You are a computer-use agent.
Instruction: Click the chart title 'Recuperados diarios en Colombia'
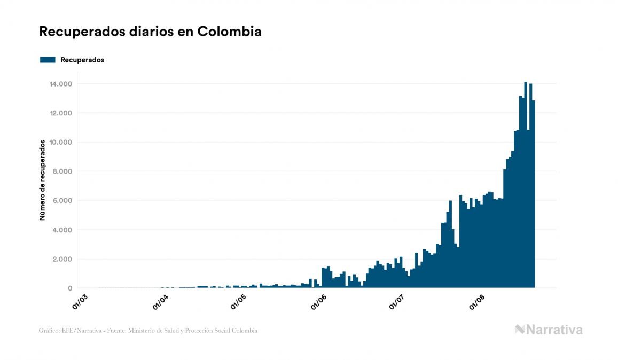coord(150,32)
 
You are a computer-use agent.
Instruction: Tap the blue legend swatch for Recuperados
coord(48,60)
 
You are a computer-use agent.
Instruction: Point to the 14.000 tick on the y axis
coord(61,84)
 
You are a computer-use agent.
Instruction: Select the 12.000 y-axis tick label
coord(61,113)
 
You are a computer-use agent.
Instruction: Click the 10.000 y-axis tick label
coord(61,143)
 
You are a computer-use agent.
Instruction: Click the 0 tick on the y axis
coord(70,288)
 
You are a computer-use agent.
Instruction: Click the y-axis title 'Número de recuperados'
coord(42,181)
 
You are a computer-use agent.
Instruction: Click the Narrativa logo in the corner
coord(549,330)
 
